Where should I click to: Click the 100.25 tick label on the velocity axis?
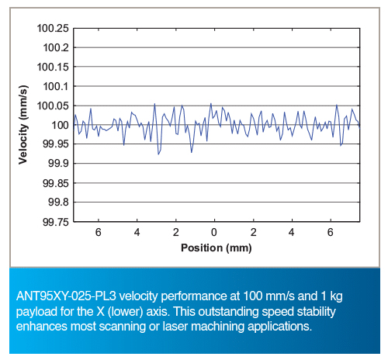(53, 29)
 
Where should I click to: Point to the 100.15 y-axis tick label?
(53, 67)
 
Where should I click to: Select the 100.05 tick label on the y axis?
(53, 106)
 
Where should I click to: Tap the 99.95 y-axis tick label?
(56, 144)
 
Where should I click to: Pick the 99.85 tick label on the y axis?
(56, 183)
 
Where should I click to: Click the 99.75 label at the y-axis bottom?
(56, 222)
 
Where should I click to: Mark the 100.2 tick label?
(56, 48)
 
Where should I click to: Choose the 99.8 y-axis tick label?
(59, 202)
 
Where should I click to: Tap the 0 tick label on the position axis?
(214, 233)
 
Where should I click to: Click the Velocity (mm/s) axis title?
(23, 125)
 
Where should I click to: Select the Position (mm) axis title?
(217, 248)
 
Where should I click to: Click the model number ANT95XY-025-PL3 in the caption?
(66, 296)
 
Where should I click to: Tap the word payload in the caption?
(36, 312)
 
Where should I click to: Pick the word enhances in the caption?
(42, 327)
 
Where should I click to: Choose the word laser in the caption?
(175, 327)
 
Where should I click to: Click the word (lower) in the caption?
(125, 312)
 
